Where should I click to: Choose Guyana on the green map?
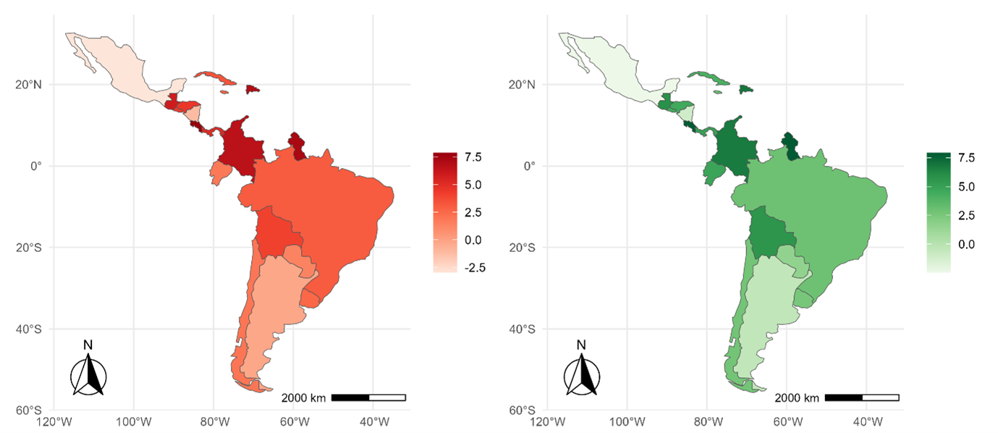790,146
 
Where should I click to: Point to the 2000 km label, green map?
797,398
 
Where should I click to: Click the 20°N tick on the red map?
29,85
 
